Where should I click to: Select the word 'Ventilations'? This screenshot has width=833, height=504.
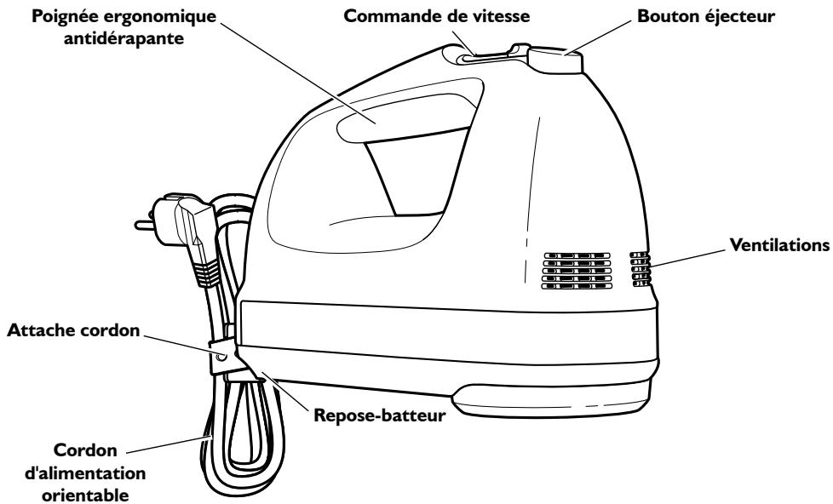[779, 244]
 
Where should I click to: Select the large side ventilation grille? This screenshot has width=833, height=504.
[577, 270]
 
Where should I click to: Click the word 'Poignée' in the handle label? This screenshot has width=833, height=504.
[49, 15]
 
